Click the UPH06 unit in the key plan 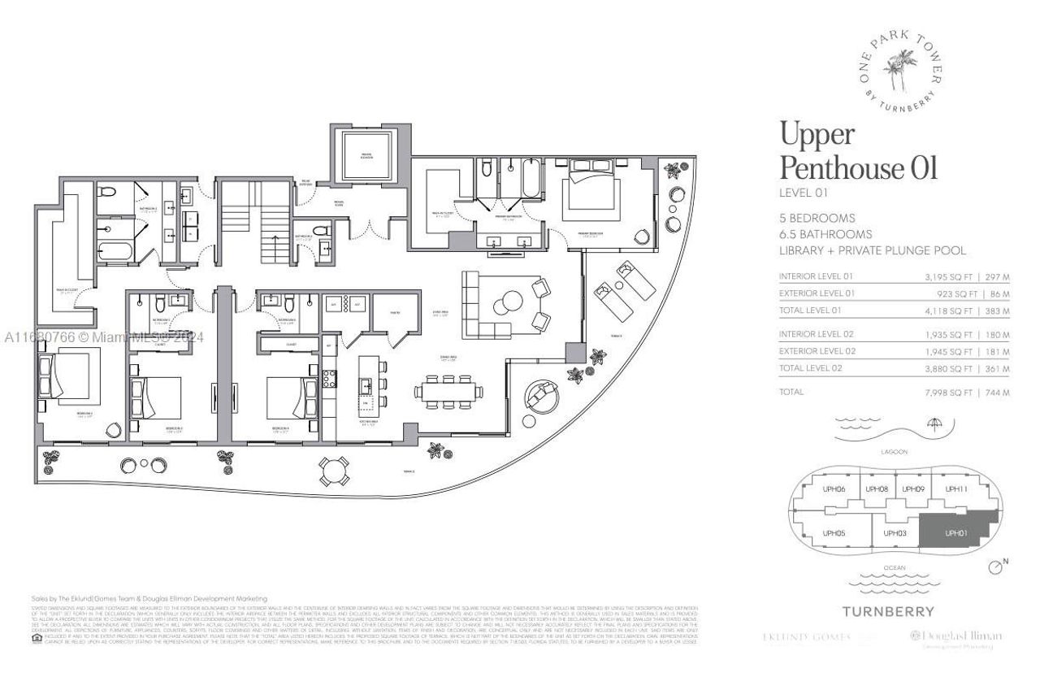coord(834,488)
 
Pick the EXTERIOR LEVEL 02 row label coord(816,351)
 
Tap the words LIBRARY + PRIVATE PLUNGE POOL coord(872,250)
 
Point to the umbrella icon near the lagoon coord(934,424)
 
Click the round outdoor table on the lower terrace coord(335,468)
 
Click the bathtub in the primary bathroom coord(533,179)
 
